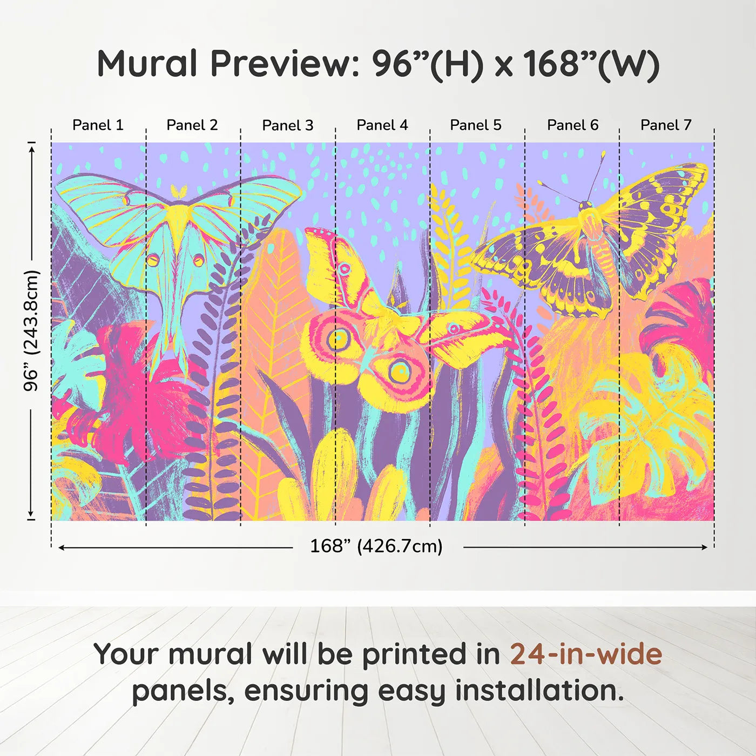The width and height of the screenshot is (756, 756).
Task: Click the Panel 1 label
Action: [x=98, y=125]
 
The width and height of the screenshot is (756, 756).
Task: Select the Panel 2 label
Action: [x=192, y=125]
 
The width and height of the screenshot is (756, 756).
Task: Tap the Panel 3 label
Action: [x=287, y=126]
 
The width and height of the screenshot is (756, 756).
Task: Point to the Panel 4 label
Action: [x=382, y=125]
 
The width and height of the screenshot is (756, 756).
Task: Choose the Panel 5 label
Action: [x=475, y=125]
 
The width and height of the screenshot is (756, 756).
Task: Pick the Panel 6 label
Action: [x=572, y=125]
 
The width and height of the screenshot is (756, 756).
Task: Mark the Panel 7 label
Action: [x=666, y=125]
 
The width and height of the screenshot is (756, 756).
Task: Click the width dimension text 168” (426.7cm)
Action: [x=376, y=546]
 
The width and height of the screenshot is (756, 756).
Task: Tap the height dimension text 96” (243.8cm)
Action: [x=31, y=330]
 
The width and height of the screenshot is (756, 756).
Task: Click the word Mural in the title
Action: [x=147, y=64]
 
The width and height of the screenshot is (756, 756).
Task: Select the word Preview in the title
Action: [x=281, y=64]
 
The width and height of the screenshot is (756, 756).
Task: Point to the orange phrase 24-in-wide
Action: [x=586, y=654]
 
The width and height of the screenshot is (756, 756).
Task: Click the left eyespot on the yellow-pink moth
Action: [x=339, y=339]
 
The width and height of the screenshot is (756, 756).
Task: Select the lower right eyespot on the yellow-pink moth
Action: [x=400, y=371]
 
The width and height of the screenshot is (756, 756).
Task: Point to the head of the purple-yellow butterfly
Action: [x=585, y=206]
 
